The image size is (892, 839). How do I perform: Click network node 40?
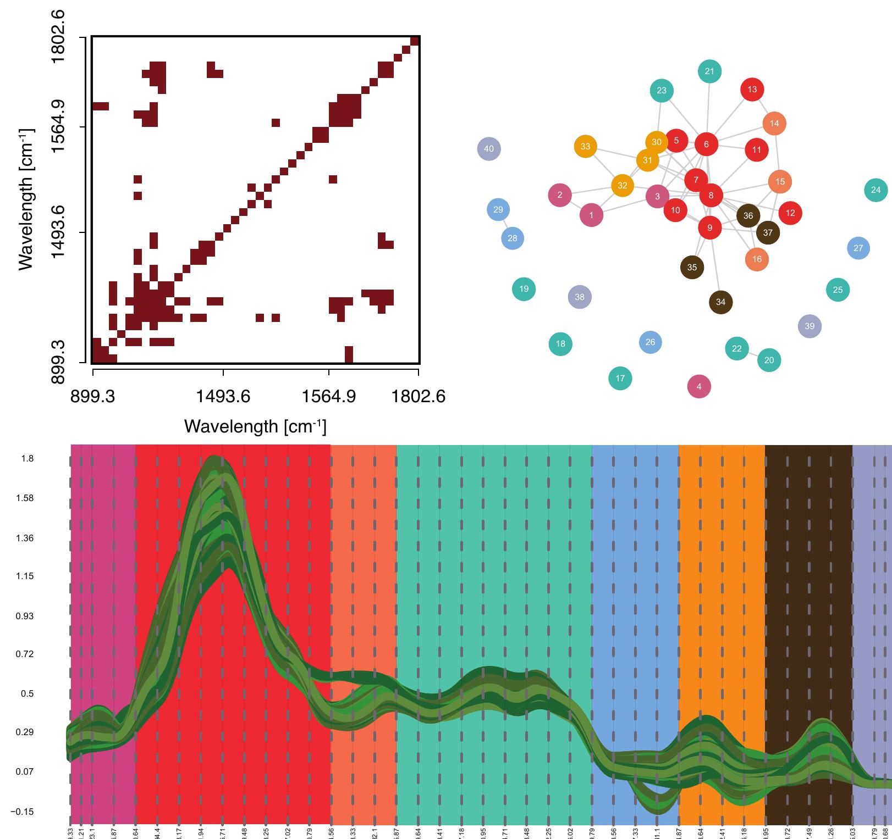pos(489,148)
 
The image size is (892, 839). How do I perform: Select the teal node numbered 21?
pos(709,71)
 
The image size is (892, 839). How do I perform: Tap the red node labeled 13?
pos(752,89)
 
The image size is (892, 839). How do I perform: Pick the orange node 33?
pos(585,146)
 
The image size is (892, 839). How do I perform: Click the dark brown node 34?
pos(720,302)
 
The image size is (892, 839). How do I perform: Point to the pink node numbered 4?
pos(699,386)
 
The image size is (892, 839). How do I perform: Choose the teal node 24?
pos(876,190)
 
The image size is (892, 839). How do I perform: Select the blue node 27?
pos(858,248)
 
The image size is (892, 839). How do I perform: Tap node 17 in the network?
pos(620,378)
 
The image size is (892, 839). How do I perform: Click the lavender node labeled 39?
pos(810,326)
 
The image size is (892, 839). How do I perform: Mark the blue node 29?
pos(498,209)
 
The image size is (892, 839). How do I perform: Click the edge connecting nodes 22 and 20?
pos(753,354)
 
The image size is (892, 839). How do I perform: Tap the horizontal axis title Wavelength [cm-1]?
pos(255,426)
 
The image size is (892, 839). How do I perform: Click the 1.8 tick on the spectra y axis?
pos(27,458)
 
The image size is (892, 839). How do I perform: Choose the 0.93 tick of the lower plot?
pos(26,616)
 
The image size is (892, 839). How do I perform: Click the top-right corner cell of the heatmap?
pos(415,41)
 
